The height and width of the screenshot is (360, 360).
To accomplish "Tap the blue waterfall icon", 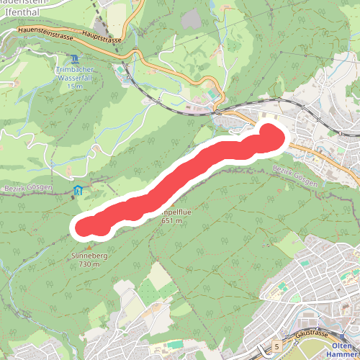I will tap(75, 59).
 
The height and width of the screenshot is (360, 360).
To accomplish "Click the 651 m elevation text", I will tap(171, 221).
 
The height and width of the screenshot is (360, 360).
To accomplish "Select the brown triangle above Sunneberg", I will tap(89, 248).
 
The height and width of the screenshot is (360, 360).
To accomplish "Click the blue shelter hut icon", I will tap(78, 190).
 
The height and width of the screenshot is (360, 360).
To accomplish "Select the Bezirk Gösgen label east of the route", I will tap(295, 176).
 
